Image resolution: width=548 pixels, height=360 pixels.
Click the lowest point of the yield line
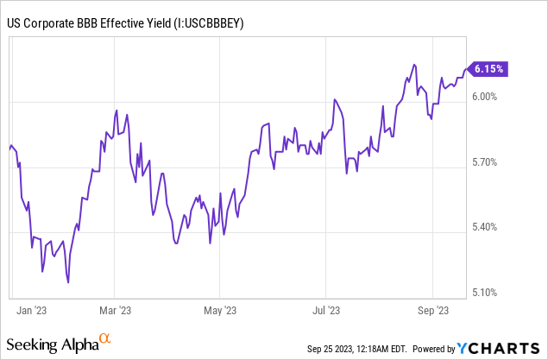[67, 281]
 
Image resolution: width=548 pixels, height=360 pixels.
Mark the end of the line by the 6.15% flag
[467, 69]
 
